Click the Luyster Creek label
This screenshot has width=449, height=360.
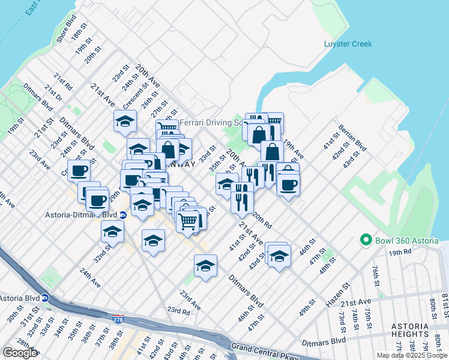pyautogui.click(x=348, y=44)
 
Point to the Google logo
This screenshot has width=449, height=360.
pyautogui.click(x=20, y=353)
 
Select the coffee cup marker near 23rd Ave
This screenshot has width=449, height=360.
pyautogui.click(x=78, y=172)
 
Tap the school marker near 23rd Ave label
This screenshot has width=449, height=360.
pyautogui.click(x=205, y=266)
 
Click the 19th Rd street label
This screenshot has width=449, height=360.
pyautogui.click(x=398, y=253)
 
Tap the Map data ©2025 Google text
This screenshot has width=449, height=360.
pyautogui.click(x=411, y=355)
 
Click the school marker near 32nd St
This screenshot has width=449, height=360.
pyautogui.click(x=112, y=232)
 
